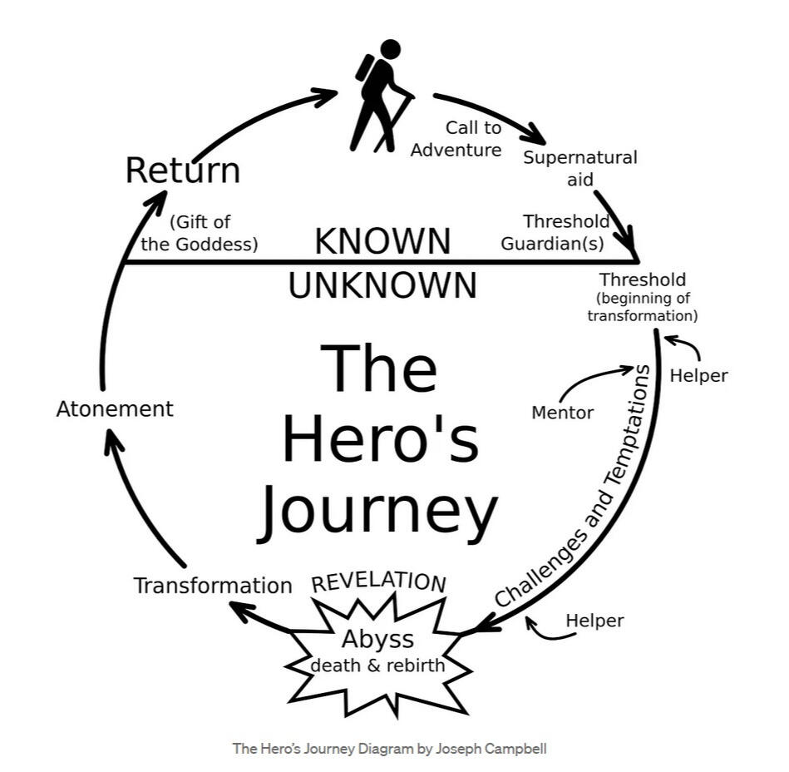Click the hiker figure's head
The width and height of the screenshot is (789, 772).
click(389, 51)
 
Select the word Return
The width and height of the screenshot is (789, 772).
click(182, 171)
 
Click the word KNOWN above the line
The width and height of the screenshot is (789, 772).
click(382, 241)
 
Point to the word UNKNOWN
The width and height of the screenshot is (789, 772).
click(382, 285)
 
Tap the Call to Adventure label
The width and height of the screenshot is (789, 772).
click(457, 139)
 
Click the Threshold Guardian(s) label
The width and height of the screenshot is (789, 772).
click(565, 233)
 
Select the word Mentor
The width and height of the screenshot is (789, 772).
click(562, 413)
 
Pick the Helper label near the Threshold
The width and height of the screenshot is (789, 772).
click(698, 375)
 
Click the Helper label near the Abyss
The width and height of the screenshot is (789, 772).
click(594, 620)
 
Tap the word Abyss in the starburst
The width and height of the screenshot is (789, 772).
click(377, 640)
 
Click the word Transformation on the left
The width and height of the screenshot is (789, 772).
click(213, 586)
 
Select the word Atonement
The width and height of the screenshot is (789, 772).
click(115, 409)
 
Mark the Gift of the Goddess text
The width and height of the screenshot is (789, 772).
click(200, 233)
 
